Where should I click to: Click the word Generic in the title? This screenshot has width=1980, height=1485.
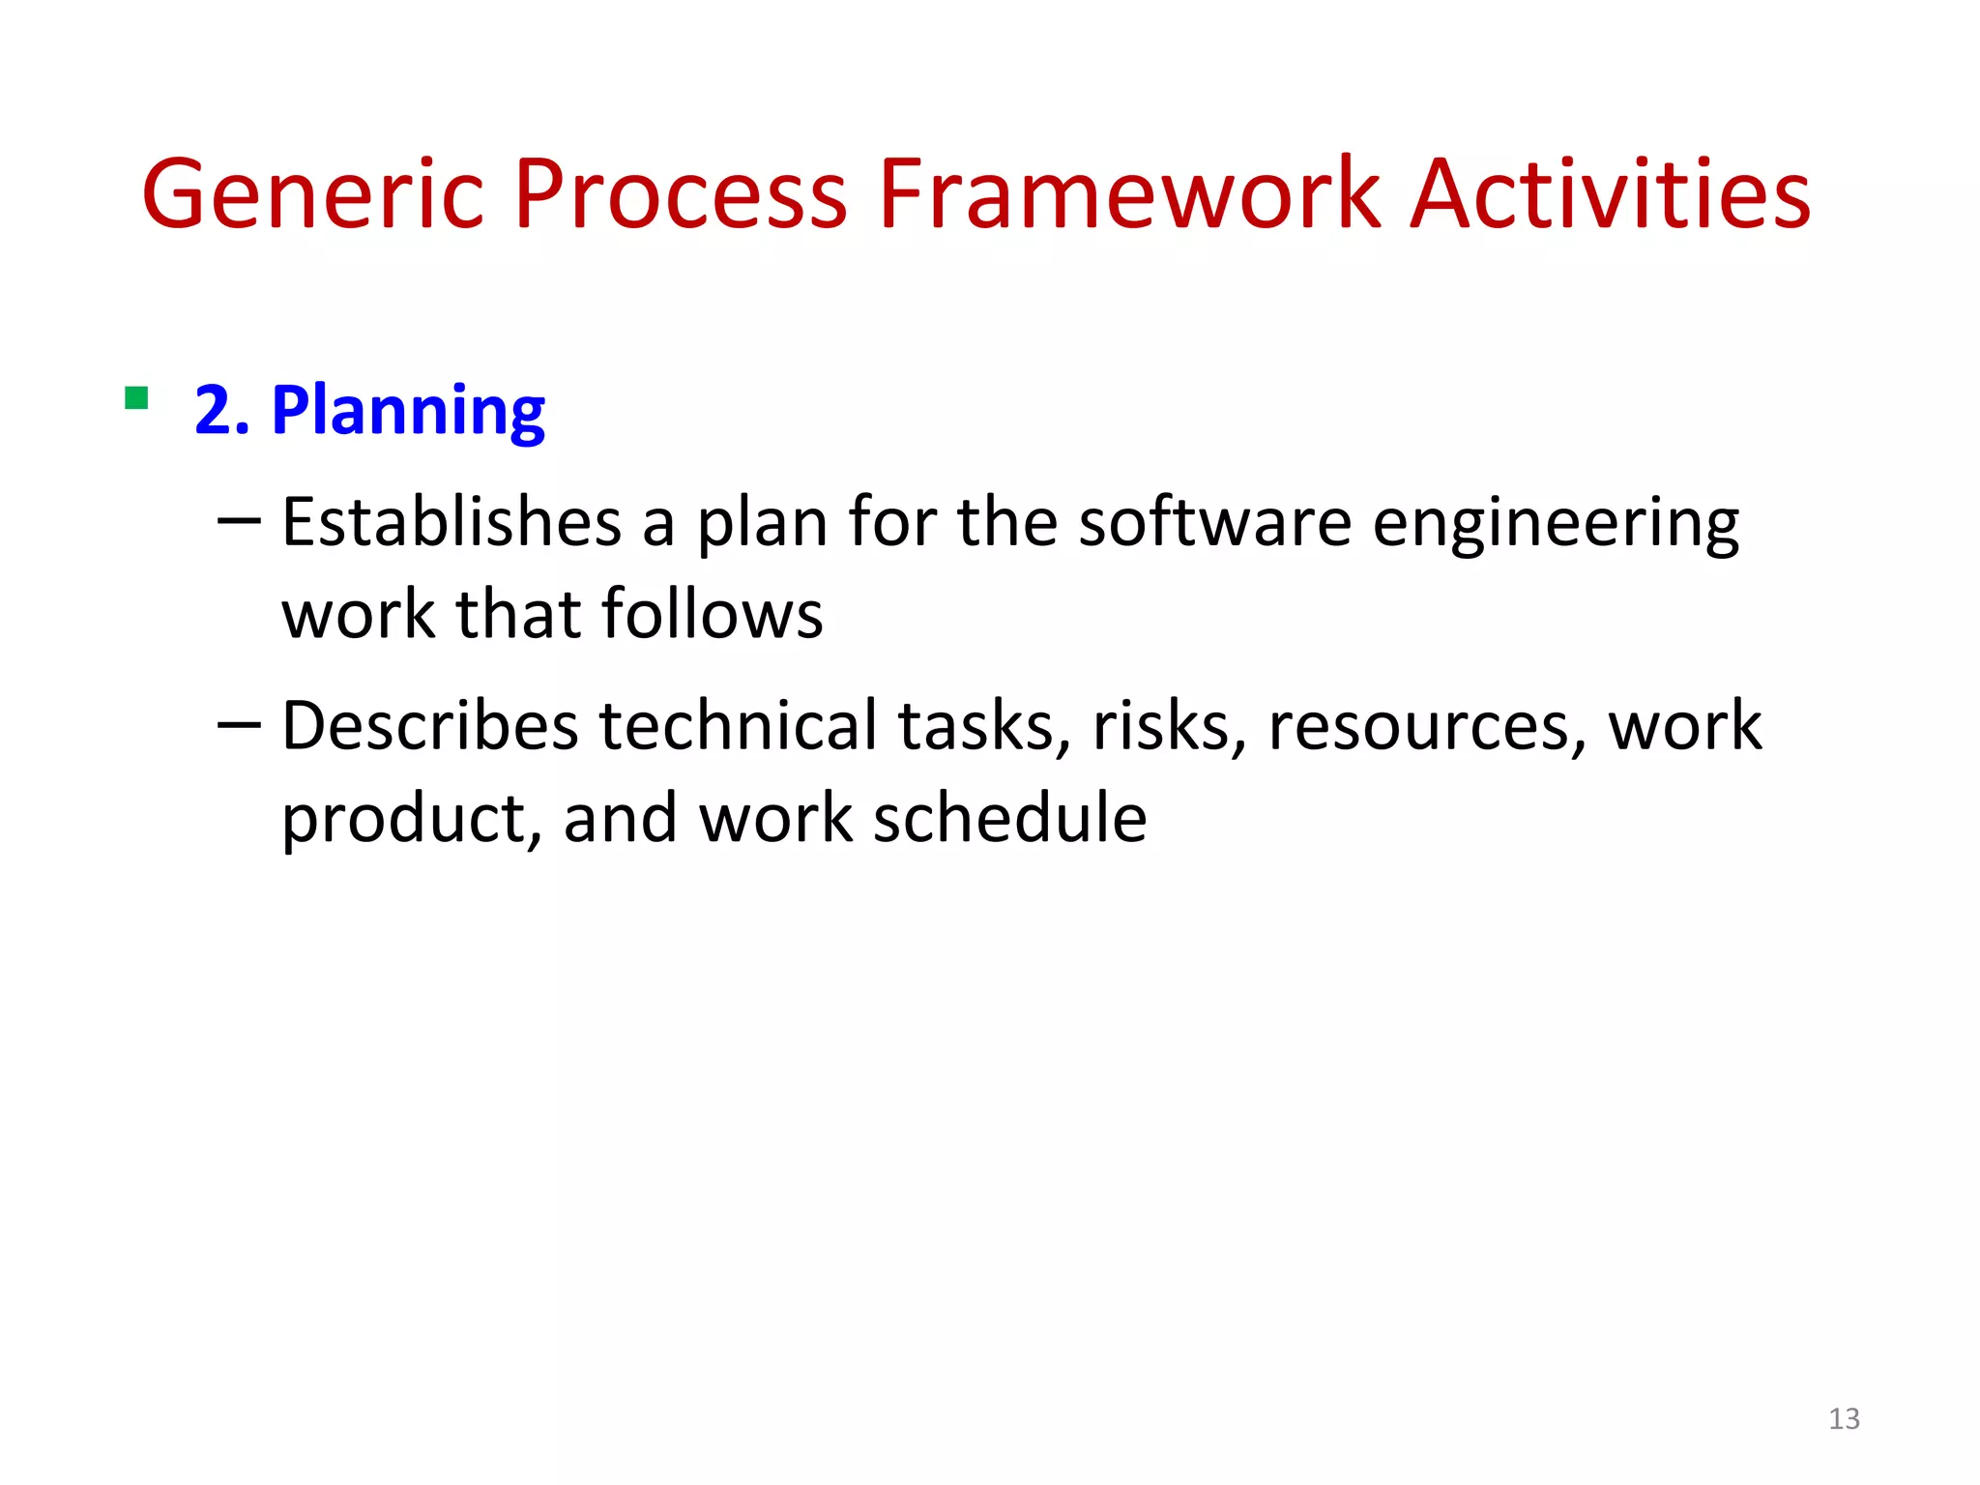[312, 195]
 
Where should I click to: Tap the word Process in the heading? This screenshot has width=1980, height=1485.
[680, 195]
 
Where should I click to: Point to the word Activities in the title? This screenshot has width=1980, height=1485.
[1610, 195]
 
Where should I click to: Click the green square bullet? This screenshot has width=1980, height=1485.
[136, 398]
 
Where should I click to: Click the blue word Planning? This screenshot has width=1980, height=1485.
[408, 413]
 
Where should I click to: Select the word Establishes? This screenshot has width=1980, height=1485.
[451, 523]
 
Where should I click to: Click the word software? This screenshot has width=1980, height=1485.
[1214, 523]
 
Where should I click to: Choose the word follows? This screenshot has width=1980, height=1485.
[712, 615]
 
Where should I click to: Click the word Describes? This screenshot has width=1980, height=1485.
[429, 726]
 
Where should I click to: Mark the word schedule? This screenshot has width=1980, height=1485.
[1010, 818]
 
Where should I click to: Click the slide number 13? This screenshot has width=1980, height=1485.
[1844, 1418]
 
